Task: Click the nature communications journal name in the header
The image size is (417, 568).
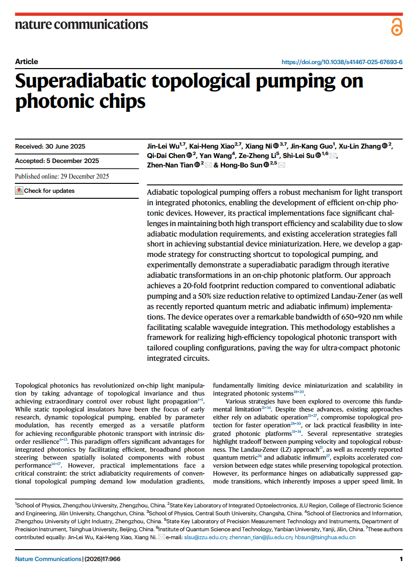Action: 81,24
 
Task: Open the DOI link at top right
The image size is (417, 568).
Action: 342,62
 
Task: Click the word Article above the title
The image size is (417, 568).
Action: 26,62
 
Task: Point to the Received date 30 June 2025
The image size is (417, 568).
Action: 50,146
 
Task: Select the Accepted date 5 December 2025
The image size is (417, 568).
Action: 57,161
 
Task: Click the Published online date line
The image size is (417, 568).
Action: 62,176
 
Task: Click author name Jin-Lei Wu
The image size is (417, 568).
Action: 164,146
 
